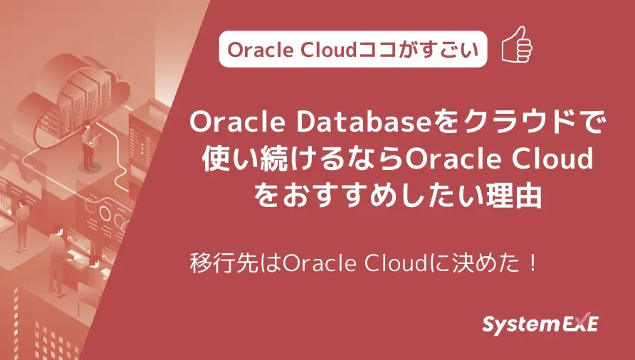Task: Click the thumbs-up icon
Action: coord(518,48)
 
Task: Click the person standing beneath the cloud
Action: coord(87,146)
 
